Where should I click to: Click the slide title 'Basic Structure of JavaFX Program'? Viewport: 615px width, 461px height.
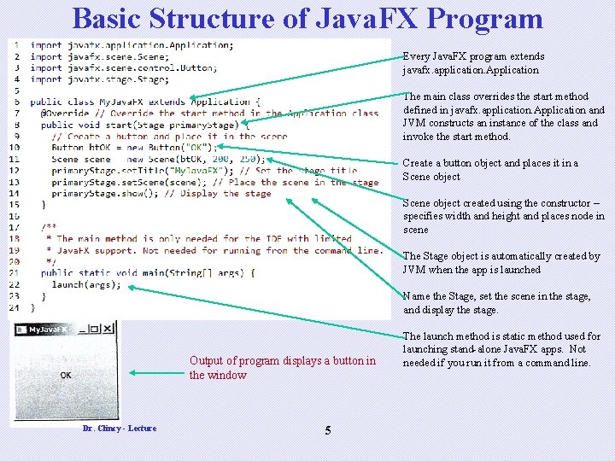point(307,18)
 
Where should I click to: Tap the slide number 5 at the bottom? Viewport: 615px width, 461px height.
point(328,429)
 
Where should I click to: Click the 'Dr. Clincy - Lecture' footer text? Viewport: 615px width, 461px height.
point(120,428)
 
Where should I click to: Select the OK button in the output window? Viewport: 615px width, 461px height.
point(66,375)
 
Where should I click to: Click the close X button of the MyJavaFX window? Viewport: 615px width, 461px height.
point(108,328)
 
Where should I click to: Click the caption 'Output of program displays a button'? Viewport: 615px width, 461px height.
point(282,367)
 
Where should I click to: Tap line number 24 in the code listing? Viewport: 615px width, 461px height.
point(15,307)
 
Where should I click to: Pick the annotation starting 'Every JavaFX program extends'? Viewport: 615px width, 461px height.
point(471,63)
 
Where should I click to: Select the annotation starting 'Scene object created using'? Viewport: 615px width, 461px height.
point(504,216)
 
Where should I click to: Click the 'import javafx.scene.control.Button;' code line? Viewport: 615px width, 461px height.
point(123,67)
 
